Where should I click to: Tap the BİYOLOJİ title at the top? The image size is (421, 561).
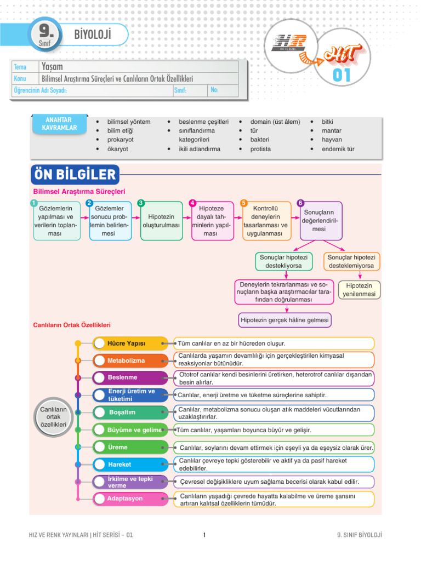click(93, 35)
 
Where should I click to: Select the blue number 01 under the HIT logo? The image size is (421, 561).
click(341, 75)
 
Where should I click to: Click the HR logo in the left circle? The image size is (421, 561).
click(289, 43)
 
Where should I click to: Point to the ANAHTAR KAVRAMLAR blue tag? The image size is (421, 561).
click(59, 124)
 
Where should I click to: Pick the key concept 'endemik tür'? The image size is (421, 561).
click(338, 149)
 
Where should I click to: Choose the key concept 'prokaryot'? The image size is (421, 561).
click(120, 140)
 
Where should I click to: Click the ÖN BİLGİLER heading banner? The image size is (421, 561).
click(75, 175)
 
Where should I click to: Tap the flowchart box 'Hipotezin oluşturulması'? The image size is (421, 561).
click(162, 221)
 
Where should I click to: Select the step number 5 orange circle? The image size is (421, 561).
click(244, 203)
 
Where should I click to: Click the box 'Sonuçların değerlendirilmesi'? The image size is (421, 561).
click(321, 221)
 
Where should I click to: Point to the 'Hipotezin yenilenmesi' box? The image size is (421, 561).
click(359, 290)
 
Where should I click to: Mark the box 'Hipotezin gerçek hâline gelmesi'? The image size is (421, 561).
click(285, 320)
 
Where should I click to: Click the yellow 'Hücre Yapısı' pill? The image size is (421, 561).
click(130, 344)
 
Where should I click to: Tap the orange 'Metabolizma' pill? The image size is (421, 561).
click(130, 360)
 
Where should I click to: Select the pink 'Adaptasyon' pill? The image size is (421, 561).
click(130, 499)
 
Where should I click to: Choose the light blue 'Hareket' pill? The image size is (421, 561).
click(130, 465)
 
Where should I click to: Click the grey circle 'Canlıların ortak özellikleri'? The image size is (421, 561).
click(53, 417)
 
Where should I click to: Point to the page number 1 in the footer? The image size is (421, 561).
click(204, 535)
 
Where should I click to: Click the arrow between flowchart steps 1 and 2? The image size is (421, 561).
click(84, 217)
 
